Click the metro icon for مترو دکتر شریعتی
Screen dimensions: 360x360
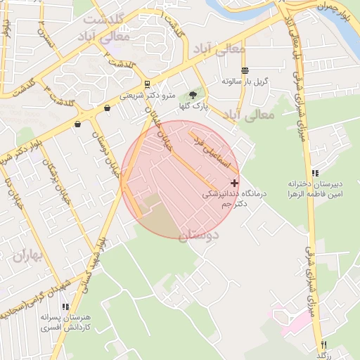click(146, 84)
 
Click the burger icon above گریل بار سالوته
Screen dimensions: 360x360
click(245, 70)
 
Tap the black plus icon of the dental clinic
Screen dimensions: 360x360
click(234, 183)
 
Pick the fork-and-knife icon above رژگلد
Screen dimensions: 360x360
click(323, 345)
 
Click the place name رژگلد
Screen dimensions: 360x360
click(323, 355)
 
